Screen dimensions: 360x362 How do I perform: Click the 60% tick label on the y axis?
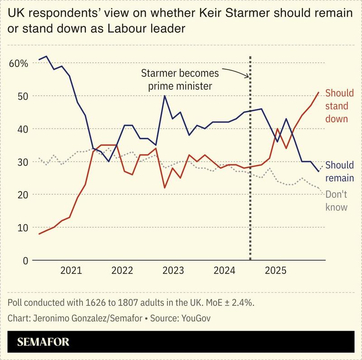(x=18, y=63)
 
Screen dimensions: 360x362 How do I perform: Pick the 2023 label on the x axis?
(x=173, y=271)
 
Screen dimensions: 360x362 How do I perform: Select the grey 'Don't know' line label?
(x=336, y=201)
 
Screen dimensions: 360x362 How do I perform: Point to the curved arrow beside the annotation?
(x=235, y=71)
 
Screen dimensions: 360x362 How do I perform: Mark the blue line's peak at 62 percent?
(x=47, y=57)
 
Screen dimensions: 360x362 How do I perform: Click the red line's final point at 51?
(x=319, y=92)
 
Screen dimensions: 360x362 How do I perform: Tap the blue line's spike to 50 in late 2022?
(x=164, y=96)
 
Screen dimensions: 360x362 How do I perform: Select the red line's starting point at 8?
(x=39, y=234)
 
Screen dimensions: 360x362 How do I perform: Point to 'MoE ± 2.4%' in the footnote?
(x=237, y=302)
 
